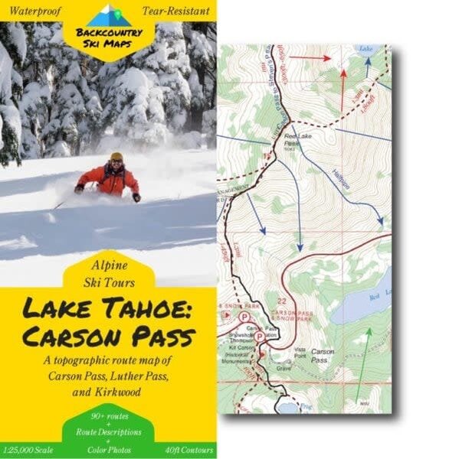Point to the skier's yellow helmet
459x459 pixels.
(x=116, y=158)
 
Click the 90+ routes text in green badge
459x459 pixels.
(x=108, y=415)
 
